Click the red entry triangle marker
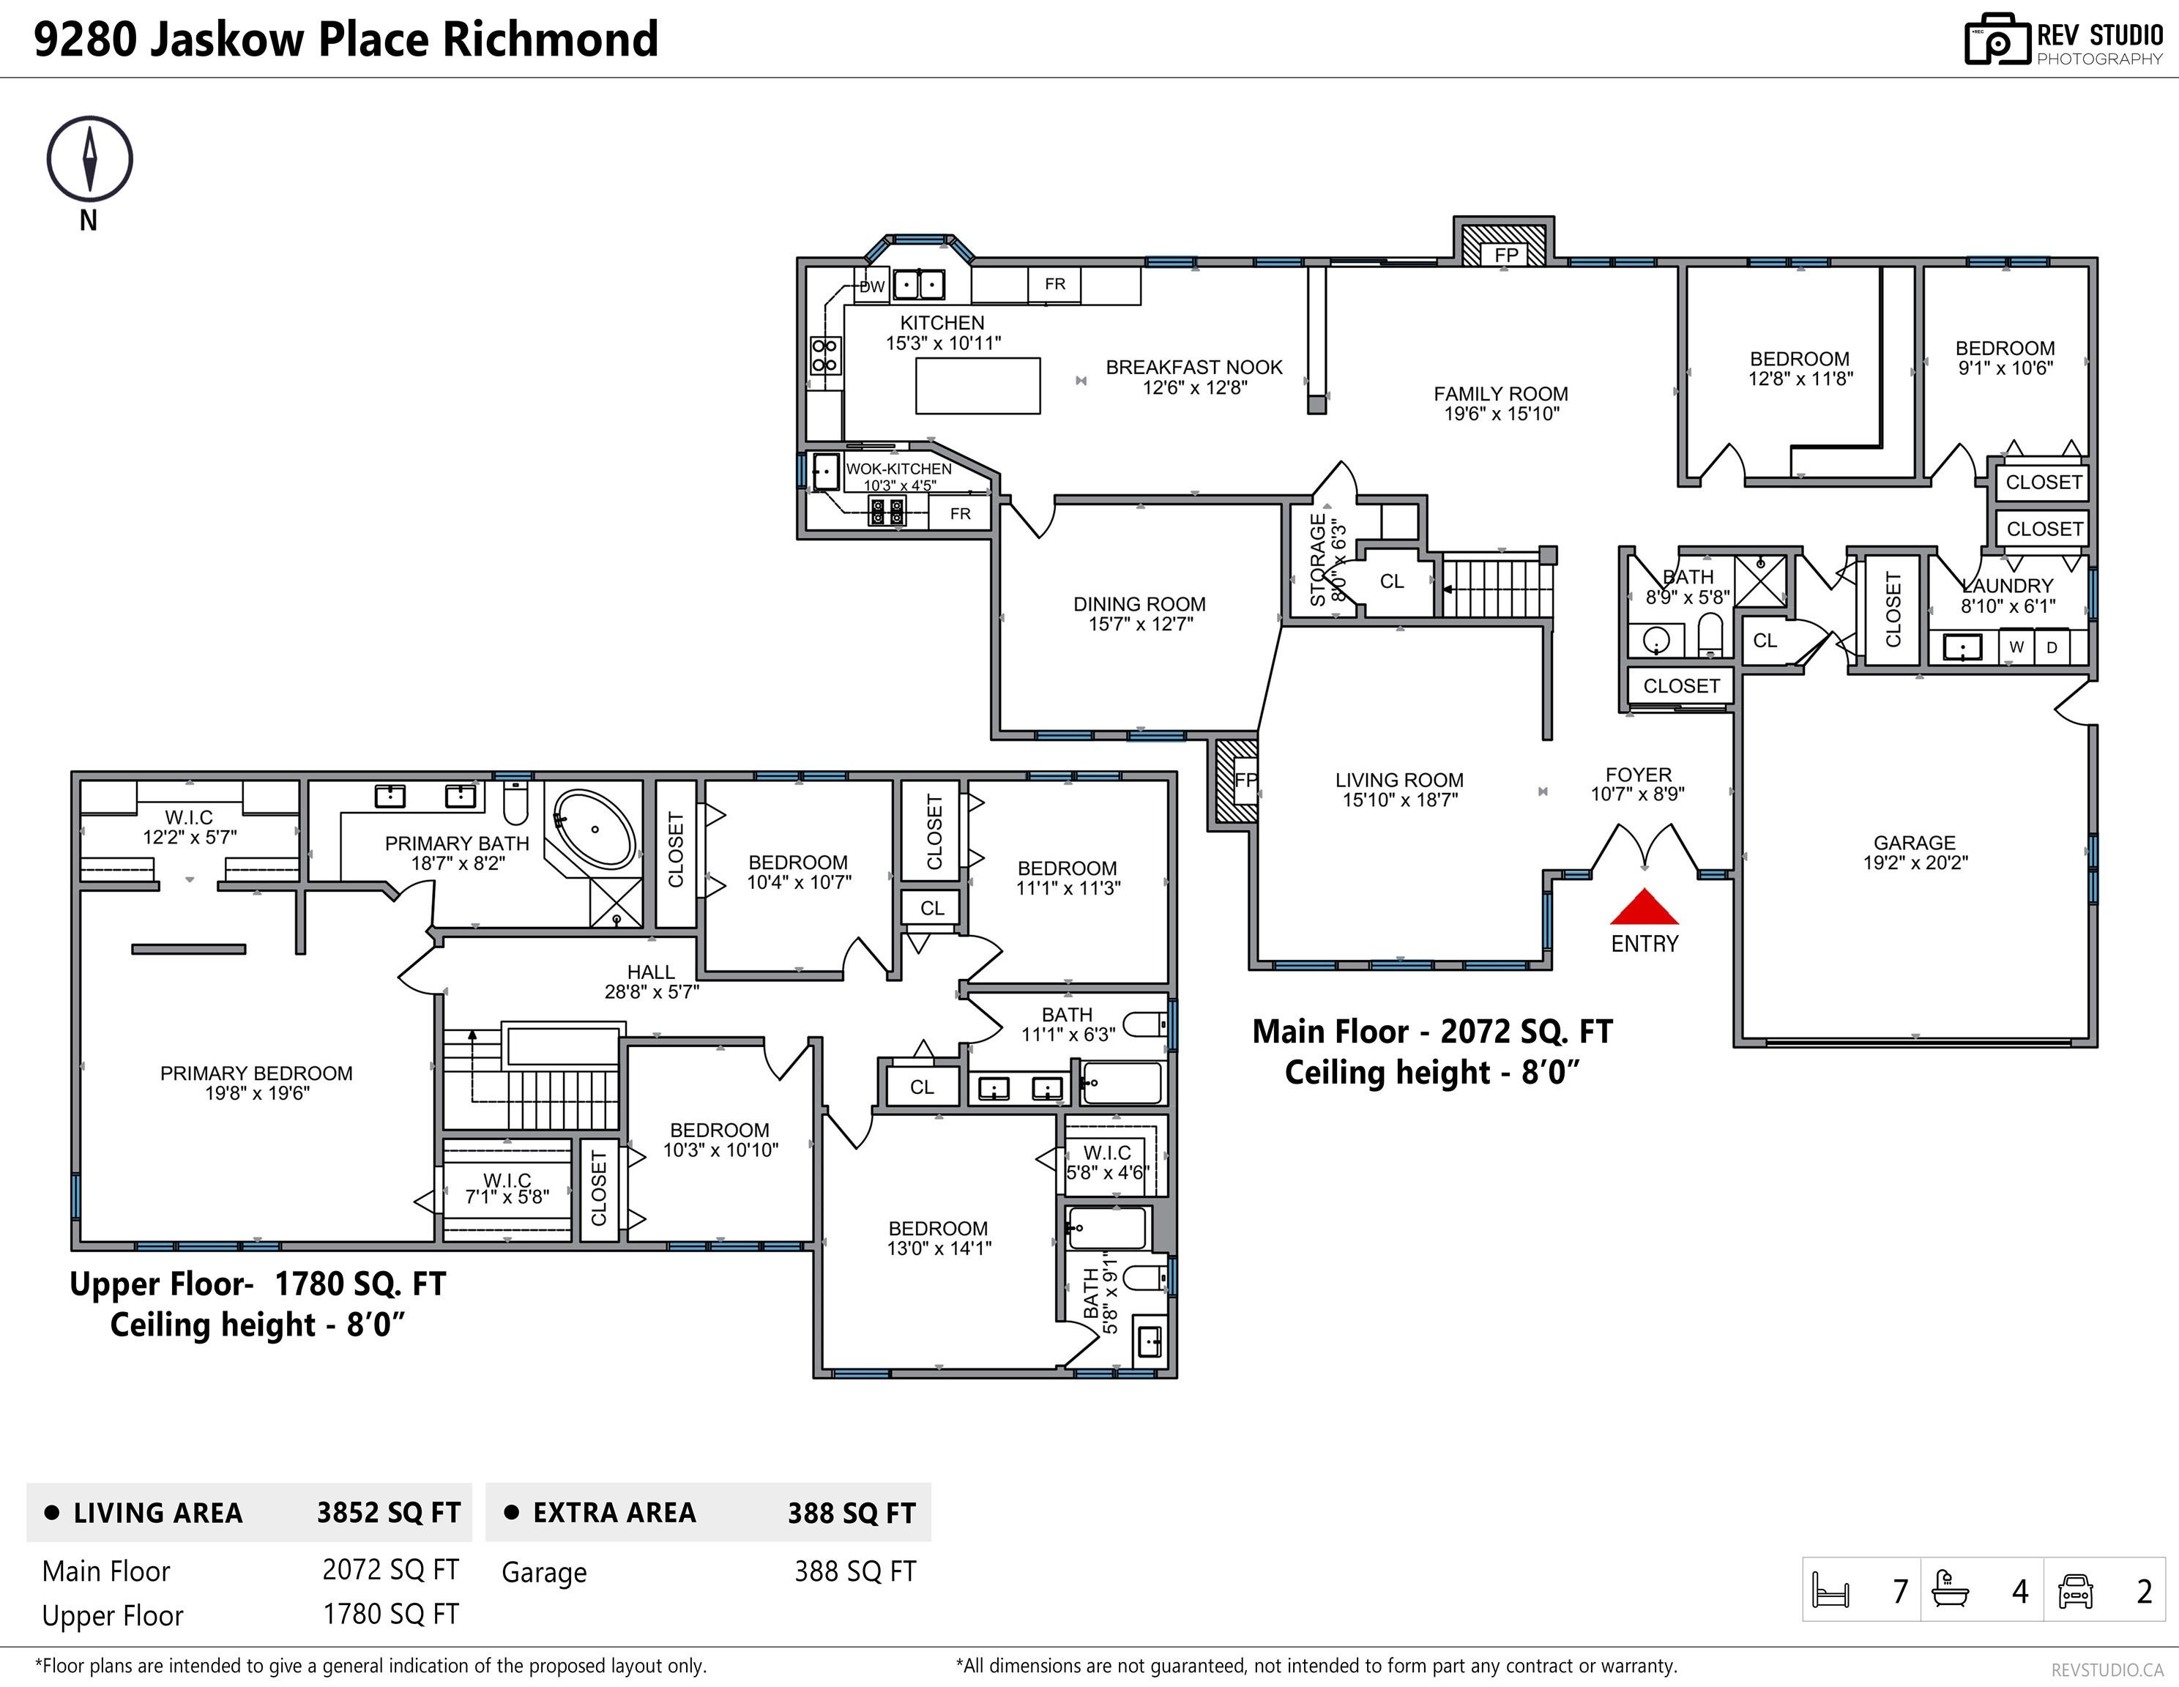pos(1645,908)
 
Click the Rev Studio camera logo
pos(1997,40)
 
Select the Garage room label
pos(1914,843)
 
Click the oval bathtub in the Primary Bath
pos(595,829)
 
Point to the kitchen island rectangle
pos(977,385)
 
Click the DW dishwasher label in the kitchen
pos(872,286)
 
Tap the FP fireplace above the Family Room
pos(1505,253)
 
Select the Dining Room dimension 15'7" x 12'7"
pos(1139,625)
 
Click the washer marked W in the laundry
pos(2016,647)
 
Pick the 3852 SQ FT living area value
pos(388,1513)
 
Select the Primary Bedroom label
pos(256,1073)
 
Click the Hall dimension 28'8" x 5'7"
pos(652,991)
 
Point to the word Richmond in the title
pos(550,40)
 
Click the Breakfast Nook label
pos(1193,367)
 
